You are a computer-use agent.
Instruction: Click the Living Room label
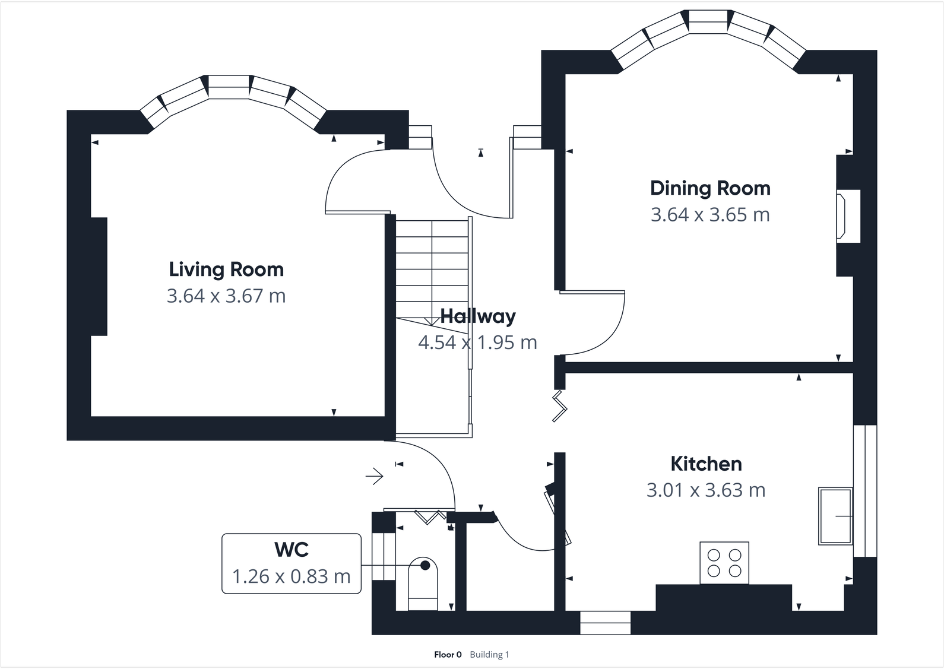point(226,269)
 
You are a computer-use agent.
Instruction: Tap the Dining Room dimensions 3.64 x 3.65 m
point(710,214)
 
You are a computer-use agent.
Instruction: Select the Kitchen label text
point(706,464)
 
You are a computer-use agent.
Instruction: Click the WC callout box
point(291,563)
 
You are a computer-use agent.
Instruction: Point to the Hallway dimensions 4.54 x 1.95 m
point(477,343)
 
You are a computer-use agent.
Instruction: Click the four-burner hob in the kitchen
point(724,563)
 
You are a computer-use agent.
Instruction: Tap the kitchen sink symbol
point(835,516)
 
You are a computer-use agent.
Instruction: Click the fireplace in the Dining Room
point(848,216)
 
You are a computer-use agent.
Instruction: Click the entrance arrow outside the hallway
point(375,475)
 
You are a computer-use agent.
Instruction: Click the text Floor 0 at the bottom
point(448,655)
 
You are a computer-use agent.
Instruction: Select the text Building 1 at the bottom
point(489,655)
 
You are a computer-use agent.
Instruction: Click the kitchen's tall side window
point(865,491)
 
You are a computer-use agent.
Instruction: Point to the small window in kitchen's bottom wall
point(605,623)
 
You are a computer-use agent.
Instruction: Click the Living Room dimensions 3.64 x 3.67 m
point(226,296)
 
